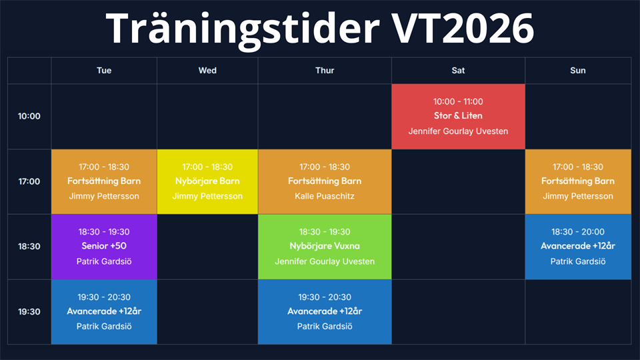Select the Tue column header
tap(104, 71)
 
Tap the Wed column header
tap(207, 71)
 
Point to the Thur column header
tap(325, 71)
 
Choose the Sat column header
tap(458, 71)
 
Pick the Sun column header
tap(578, 71)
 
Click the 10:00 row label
tap(29, 116)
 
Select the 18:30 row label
tap(29, 247)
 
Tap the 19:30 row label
tap(29, 312)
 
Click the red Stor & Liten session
tap(458, 116)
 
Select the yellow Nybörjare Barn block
tap(207, 181)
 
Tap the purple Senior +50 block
tap(104, 247)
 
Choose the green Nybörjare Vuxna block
tap(325, 247)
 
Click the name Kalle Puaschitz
tap(325, 196)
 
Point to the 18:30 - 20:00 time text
tap(578, 232)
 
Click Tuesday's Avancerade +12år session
tap(104, 312)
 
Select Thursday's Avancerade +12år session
tap(325, 312)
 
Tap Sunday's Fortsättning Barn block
tap(578, 181)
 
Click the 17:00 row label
tap(29, 181)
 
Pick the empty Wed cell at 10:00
tap(207, 116)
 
